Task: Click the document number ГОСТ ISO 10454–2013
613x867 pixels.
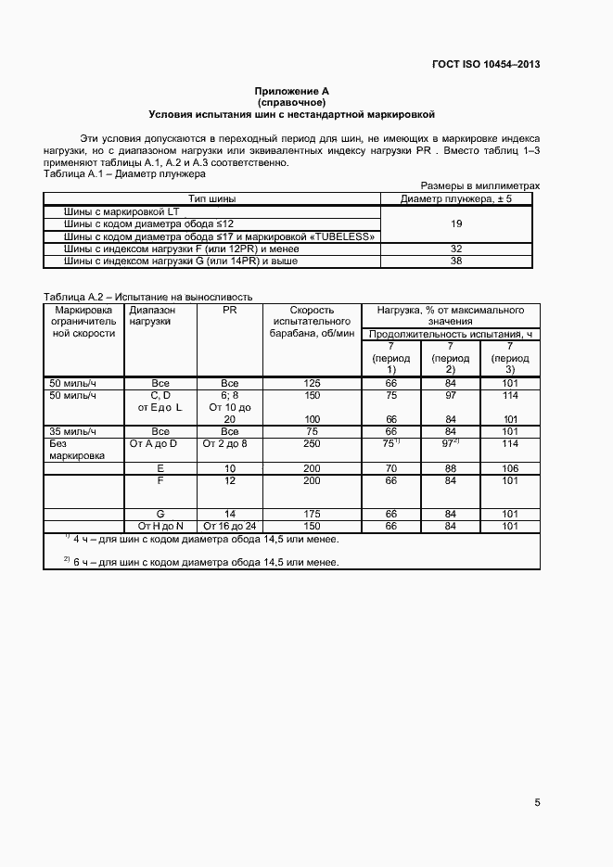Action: click(486, 64)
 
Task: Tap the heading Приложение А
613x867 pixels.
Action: click(292, 91)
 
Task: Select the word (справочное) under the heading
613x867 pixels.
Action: click(292, 102)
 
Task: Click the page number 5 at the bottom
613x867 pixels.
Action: click(537, 803)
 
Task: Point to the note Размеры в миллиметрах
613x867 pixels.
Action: click(480, 185)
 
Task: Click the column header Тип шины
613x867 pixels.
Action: click(212, 198)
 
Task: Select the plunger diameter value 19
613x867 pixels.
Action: click(456, 223)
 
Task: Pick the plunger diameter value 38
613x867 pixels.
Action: click(456, 261)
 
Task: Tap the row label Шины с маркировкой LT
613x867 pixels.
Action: click(121, 211)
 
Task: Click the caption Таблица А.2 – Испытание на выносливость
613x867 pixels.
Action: click(153, 296)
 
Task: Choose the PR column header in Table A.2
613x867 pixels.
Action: click(230, 310)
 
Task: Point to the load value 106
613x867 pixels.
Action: click(509, 468)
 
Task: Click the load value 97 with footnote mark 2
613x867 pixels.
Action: click(452, 443)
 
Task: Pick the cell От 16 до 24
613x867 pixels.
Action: click(230, 526)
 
